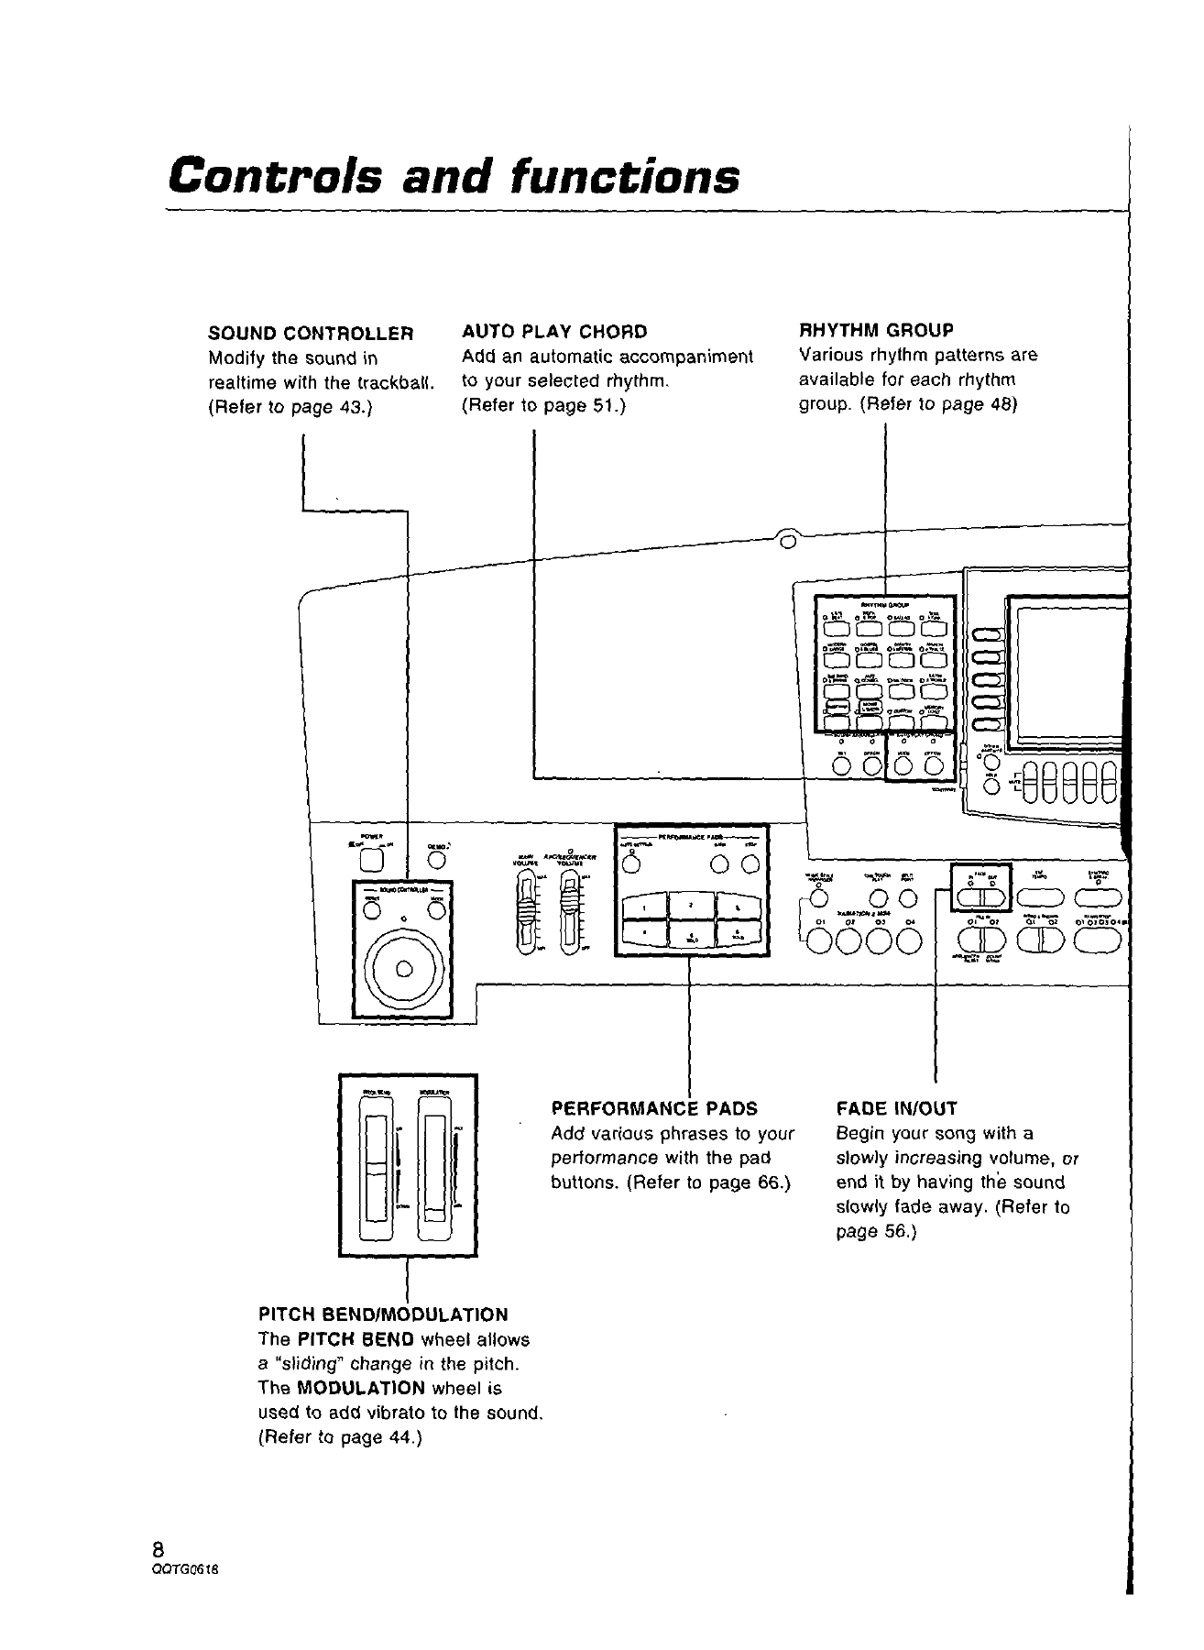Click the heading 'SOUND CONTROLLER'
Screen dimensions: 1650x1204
pos(311,332)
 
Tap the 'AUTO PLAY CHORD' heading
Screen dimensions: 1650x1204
pos(554,331)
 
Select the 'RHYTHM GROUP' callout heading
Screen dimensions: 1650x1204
pos(877,329)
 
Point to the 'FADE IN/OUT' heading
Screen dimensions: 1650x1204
pos(896,1108)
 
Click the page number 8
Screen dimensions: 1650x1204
pos(159,1549)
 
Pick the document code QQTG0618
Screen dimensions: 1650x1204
pos(186,1567)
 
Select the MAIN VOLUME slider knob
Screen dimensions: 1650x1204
pos(526,914)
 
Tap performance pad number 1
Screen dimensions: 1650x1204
pos(645,907)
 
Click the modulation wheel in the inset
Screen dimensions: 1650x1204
pos(434,1169)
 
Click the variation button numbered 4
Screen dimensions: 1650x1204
pos(910,940)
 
